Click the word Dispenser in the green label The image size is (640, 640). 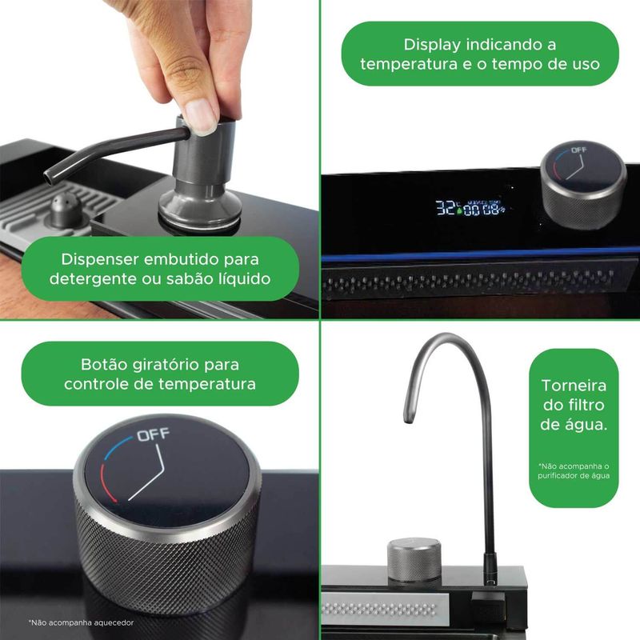99,259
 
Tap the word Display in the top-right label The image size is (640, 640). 432,45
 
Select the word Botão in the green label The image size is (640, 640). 105,365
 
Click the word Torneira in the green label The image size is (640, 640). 574,386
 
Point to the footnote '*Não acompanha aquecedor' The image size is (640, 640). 82,623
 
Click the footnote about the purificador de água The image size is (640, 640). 574,471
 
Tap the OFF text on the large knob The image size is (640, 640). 153,435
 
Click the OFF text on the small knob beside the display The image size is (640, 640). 578,150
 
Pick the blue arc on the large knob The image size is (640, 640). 116,447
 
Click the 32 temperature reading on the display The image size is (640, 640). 445,208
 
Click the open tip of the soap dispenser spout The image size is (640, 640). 49,178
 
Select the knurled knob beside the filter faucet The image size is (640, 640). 414,559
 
